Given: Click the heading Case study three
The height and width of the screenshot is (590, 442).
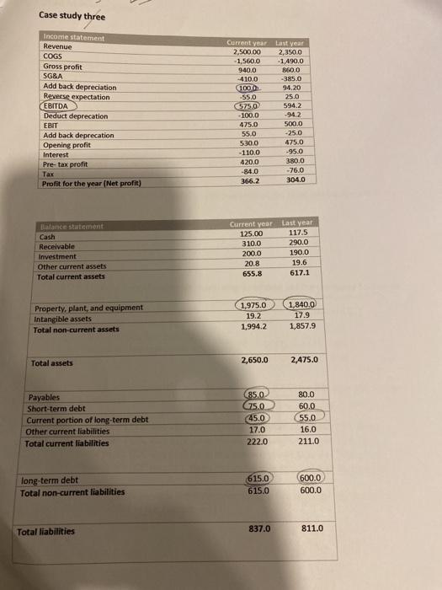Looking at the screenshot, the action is [x=72, y=16].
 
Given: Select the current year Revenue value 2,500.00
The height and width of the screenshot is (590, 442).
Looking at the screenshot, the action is [x=248, y=50].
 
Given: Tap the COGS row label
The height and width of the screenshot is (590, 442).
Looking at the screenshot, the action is [x=55, y=56].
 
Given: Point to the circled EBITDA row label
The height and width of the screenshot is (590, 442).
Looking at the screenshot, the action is [x=61, y=105].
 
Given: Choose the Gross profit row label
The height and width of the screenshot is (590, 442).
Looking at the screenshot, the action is [x=66, y=67].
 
